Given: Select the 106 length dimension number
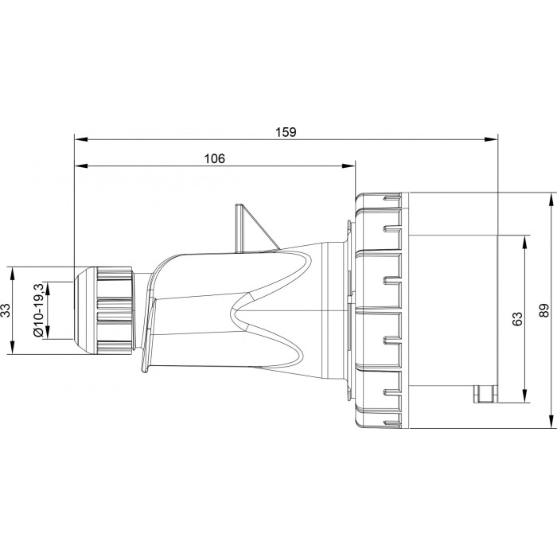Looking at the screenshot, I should pyautogui.click(x=214, y=158).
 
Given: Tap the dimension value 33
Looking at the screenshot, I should pyautogui.click(x=6, y=310).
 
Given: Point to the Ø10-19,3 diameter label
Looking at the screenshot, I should pyautogui.click(x=37, y=310).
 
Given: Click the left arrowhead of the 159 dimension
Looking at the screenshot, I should pyautogui.click(x=80, y=139).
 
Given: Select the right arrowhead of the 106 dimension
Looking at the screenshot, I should pyautogui.click(x=349, y=166).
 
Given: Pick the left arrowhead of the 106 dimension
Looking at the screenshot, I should pyautogui.click(x=80, y=166).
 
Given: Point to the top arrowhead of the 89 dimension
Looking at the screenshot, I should pyautogui.click(x=551, y=199).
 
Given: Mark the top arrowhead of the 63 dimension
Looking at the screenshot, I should pyautogui.click(x=524, y=241).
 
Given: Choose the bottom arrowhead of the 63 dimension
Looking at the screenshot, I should pyautogui.click(x=524, y=397).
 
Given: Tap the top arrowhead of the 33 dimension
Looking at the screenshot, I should pyautogui.click(x=14, y=274).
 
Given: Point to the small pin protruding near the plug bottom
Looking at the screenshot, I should pyautogui.click(x=484, y=393).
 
